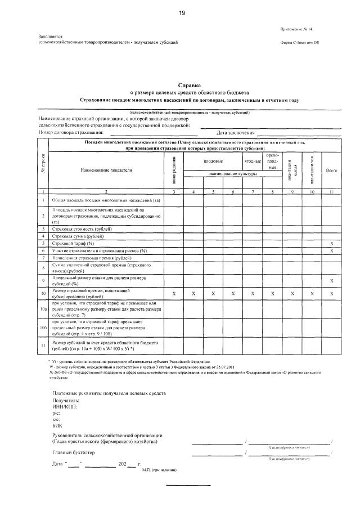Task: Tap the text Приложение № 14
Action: pos(298,29)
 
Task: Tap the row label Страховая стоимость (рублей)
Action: pos(82,229)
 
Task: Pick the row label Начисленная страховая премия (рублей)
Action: pos(88,257)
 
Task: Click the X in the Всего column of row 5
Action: pos(331,243)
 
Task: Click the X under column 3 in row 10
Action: pos(174,294)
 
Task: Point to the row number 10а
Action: pos(43,309)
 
